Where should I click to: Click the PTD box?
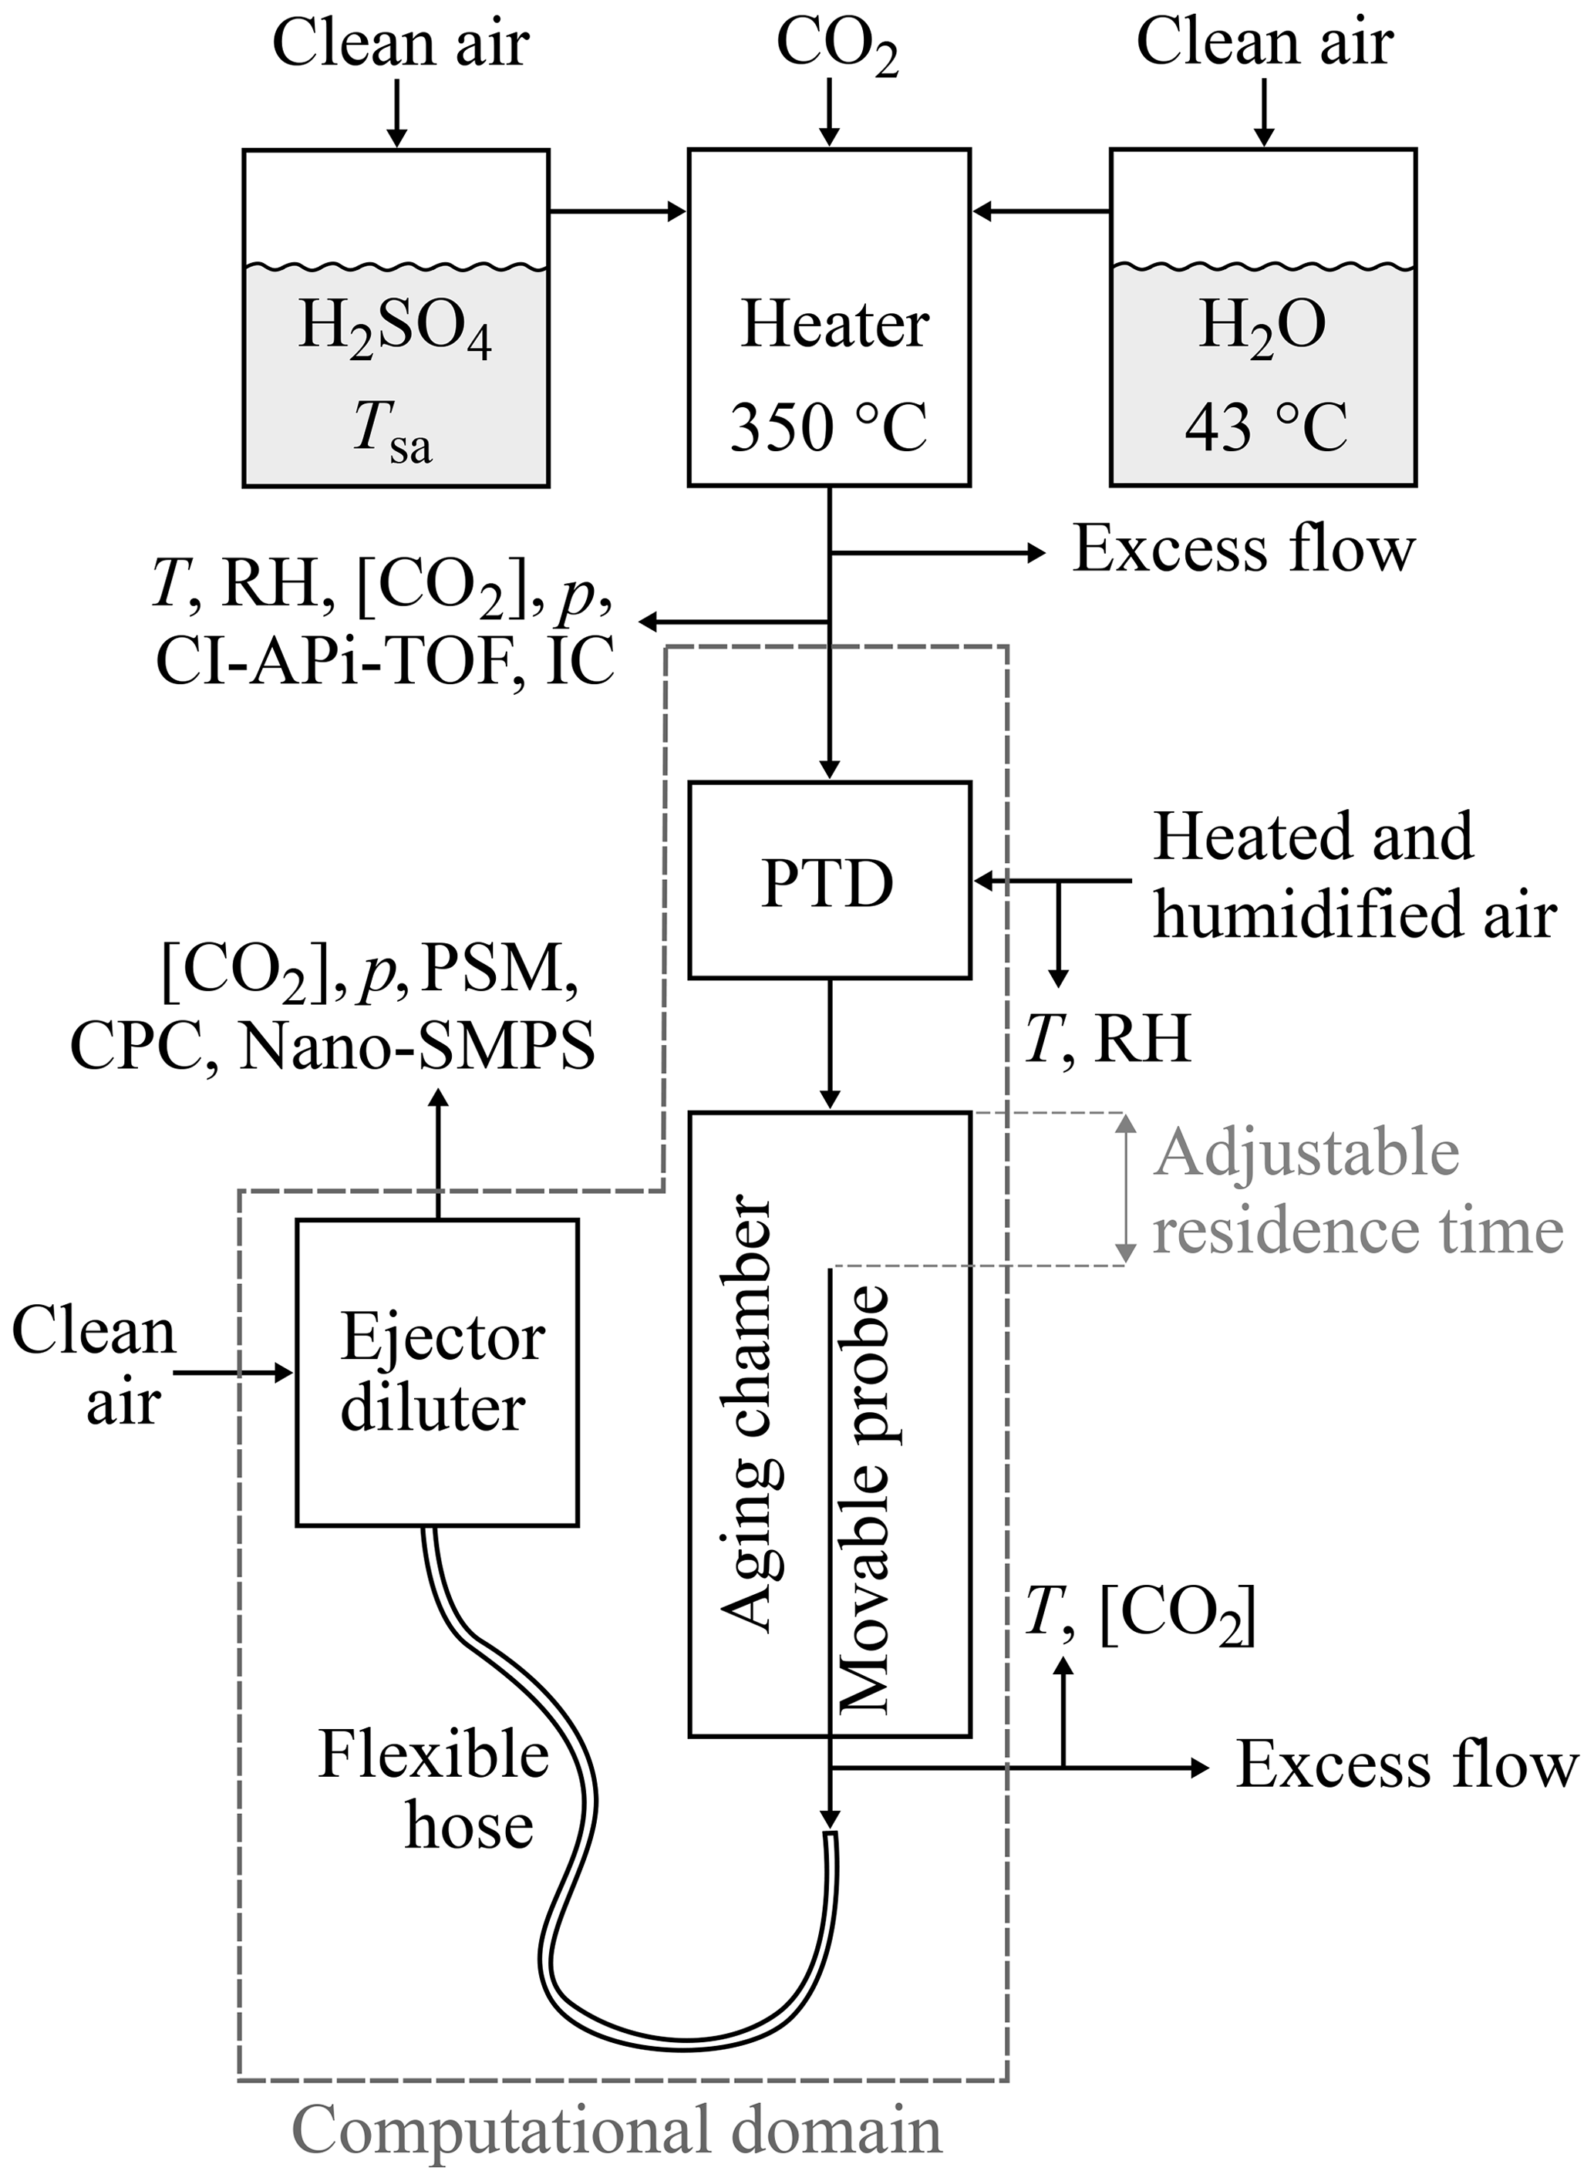[x=829, y=880]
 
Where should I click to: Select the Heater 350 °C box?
[x=829, y=318]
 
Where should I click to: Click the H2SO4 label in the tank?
[x=395, y=328]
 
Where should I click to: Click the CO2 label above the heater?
[x=837, y=46]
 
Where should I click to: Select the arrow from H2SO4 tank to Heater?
[x=618, y=211]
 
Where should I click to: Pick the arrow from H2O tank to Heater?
[x=1041, y=211]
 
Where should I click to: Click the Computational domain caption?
[x=617, y=2130]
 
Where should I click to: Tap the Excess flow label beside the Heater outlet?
[x=1244, y=550]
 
